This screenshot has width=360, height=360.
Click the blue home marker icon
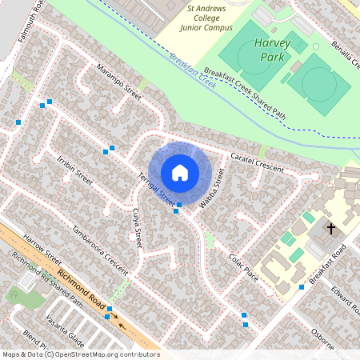coord(180,172)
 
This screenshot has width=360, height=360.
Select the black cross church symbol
coord(330,229)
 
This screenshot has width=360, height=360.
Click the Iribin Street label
coord(70,168)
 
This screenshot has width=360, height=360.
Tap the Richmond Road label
coord(82,290)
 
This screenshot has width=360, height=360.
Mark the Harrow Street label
coord(43,249)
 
